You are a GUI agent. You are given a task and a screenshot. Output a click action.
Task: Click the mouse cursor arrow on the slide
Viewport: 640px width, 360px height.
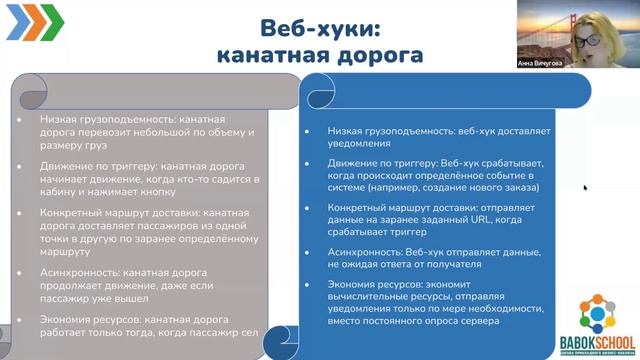click(x=585, y=186)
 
